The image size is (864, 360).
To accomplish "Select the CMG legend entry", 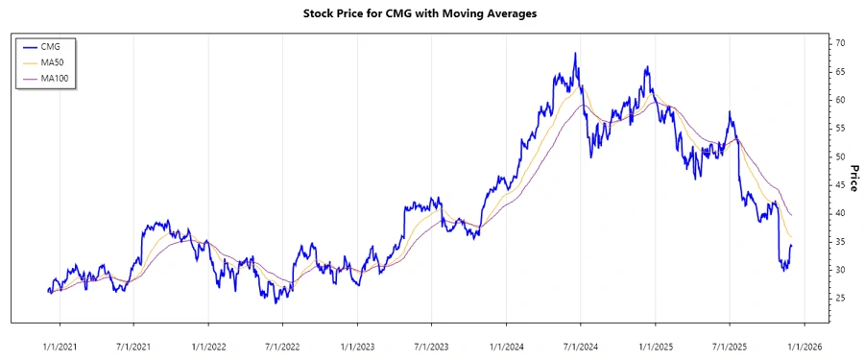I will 52,46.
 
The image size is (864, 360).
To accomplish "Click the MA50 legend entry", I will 54,62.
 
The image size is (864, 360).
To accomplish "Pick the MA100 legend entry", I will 57,78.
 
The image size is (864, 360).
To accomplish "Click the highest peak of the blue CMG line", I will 575,54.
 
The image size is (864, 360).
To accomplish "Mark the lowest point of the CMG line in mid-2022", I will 275,303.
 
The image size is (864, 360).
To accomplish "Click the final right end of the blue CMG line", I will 792,246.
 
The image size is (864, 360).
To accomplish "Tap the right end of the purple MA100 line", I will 792,215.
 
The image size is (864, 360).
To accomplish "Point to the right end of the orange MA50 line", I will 792,237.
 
